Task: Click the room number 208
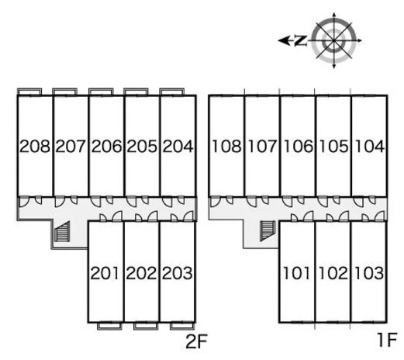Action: [x=35, y=146]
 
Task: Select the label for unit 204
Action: [x=178, y=146]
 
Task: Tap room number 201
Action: [x=105, y=273]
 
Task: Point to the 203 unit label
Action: [x=178, y=273]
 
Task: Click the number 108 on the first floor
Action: [x=226, y=146]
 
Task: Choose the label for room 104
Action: [x=370, y=146]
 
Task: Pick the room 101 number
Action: [x=296, y=273]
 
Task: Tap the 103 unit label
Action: [x=369, y=273]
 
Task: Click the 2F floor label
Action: [x=196, y=341]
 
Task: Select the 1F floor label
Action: [x=386, y=340]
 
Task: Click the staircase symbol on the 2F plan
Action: [x=62, y=232]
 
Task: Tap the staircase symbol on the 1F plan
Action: [x=268, y=231]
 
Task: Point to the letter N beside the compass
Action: [x=300, y=40]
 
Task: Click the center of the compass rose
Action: [x=334, y=40]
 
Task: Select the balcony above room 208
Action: [x=29, y=92]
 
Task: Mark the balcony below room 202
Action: [x=146, y=326]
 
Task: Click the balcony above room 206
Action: [x=101, y=92]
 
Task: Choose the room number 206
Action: [x=106, y=146]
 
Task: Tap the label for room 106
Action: [x=299, y=146]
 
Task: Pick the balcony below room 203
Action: [x=182, y=326]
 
